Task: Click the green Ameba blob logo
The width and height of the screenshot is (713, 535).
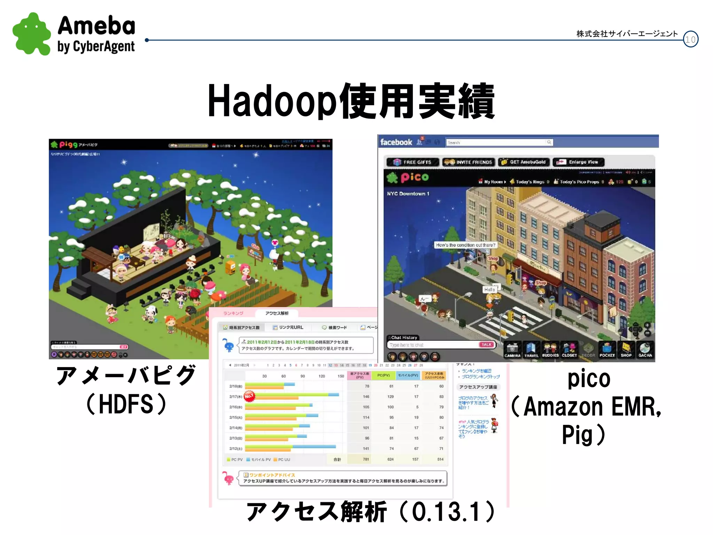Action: (x=32, y=34)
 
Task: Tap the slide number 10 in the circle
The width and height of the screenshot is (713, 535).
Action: (x=690, y=39)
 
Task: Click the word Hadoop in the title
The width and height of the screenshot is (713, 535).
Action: (x=272, y=101)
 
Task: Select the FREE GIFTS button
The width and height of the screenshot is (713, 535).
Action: (x=413, y=162)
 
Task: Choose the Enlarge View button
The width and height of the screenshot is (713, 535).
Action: (x=579, y=162)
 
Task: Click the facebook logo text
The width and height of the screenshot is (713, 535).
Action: (x=396, y=142)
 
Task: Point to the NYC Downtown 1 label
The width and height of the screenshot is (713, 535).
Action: (x=408, y=194)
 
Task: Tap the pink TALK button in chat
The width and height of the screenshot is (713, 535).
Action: (x=486, y=344)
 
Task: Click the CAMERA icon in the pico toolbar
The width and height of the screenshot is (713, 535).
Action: (x=512, y=350)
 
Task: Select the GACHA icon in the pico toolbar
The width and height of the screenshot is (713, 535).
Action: (x=645, y=350)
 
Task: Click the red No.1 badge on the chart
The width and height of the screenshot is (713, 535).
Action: (x=249, y=396)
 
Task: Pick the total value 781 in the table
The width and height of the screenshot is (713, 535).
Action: (x=366, y=459)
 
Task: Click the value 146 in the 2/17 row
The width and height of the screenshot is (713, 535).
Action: (x=366, y=397)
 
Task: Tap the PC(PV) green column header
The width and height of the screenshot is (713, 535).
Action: (x=383, y=375)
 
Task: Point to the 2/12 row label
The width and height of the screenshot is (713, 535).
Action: (x=236, y=449)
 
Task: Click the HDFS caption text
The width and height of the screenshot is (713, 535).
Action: (x=126, y=404)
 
